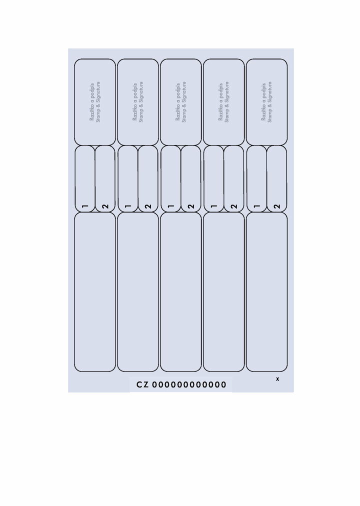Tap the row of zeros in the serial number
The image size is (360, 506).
click(189, 384)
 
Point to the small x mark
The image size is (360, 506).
click(277, 379)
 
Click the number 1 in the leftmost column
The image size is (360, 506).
click(85, 206)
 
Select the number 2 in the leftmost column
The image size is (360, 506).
click(105, 206)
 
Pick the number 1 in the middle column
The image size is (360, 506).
click(171, 206)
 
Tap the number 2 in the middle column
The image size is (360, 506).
click(191, 206)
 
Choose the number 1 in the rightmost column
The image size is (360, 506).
click(257, 206)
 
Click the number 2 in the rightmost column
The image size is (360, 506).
click(277, 206)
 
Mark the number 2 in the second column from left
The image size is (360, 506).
click(148, 206)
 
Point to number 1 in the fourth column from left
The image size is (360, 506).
click(214, 206)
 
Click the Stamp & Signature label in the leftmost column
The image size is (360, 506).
click(98, 102)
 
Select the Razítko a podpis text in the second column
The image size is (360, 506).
click(135, 102)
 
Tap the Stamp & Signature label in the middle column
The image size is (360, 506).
click(184, 102)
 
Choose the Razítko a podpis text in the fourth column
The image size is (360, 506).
click(220, 102)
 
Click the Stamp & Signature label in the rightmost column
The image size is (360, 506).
click(269, 102)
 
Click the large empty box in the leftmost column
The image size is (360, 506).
click(95, 291)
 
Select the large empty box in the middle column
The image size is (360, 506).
click(180, 291)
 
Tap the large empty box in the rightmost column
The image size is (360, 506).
click(266, 291)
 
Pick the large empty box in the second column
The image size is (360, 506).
click(137, 291)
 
